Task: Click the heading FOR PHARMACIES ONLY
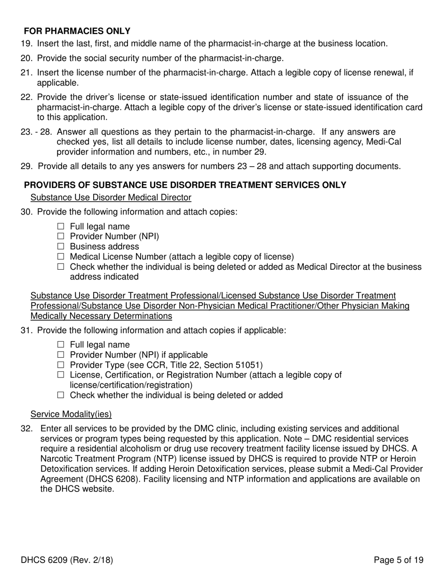(x=77, y=31)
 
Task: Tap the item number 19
(x=26, y=44)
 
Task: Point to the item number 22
(x=26, y=97)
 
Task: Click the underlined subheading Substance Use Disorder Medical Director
(x=111, y=197)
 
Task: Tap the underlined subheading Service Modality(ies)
(x=71, y=414)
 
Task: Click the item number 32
(x=26, y=429)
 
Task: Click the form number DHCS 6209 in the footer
(x=41, y=560)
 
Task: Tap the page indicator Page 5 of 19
(x=399, y=560)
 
